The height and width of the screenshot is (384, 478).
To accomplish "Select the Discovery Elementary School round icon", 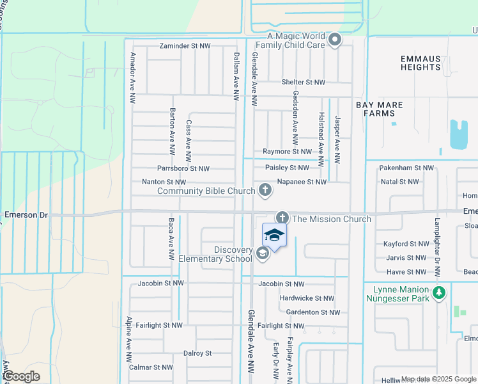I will coord(262,254).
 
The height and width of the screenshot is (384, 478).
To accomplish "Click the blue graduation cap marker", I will coord(274,235).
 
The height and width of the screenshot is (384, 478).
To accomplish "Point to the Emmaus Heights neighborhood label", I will coord(420,63).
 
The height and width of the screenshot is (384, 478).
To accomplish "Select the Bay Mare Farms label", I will coord(375,108).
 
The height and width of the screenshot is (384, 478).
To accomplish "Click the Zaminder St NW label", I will coord(185,47).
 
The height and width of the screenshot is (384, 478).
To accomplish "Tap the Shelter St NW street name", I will coord(304,83).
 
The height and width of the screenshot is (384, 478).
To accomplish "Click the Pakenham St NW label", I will coord(406,168).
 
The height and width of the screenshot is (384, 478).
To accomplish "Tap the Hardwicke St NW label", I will coord(307,298).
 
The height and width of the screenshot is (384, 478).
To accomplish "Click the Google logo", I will coord(21,376).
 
